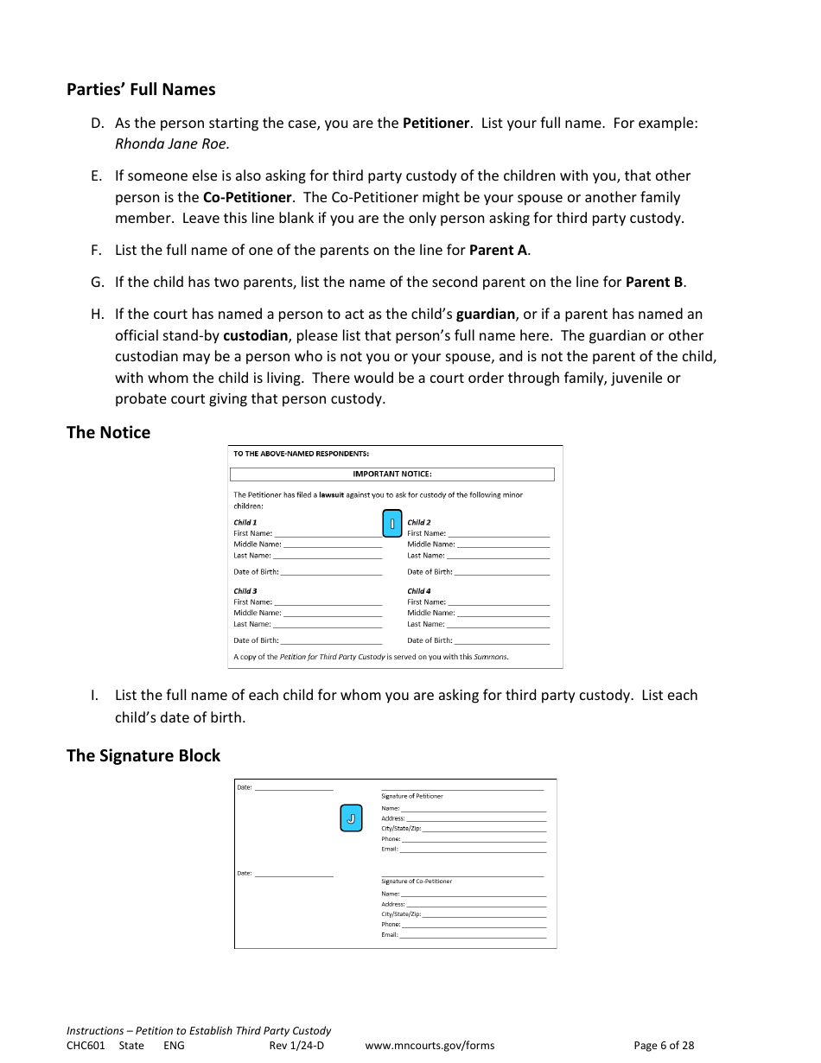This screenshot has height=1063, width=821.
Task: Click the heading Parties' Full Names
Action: coord(141,89)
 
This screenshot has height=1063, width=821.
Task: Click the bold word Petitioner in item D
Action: coord(436,123)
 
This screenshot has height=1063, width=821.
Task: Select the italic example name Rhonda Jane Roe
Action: coord(172,143)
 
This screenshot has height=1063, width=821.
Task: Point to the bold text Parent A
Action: coord(499,250)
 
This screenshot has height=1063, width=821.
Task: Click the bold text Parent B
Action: coord(654,282)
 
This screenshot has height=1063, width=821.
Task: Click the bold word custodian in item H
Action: coord(255,335)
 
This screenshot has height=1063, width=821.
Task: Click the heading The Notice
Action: coord(108,432)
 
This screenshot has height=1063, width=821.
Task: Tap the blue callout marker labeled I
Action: coord(391,524)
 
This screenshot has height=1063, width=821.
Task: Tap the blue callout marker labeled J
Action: coord(351,818)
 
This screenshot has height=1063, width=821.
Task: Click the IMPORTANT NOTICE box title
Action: coord(391,474)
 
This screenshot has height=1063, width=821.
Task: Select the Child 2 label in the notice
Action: coord(419,522)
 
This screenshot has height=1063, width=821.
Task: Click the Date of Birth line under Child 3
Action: coord(330,640)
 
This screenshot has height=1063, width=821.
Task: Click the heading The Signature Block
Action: coord(143,755)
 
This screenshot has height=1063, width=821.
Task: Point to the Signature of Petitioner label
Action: coord(412,796)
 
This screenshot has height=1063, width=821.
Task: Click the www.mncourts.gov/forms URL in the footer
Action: coord(430,1045)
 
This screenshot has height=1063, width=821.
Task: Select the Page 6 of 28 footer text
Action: coord(663,1045)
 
